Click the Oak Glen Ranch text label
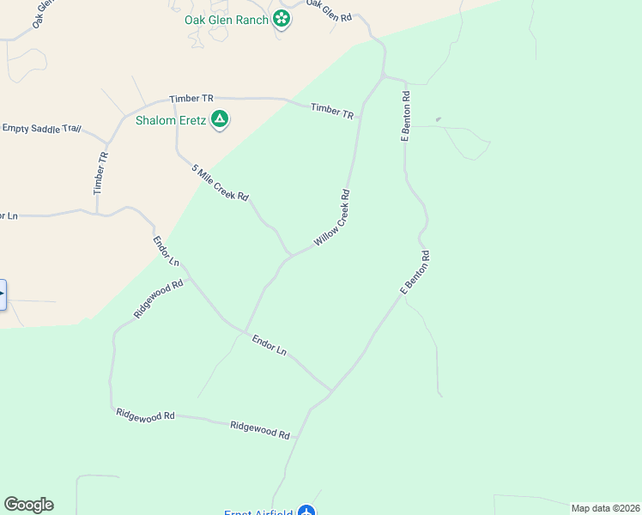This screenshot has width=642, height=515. click(x=227, y=20)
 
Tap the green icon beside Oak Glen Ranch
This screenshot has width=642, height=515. click(x=282, y=19)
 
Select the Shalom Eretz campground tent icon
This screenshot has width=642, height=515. click(x=220, y=120)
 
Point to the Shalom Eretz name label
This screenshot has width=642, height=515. click(x=170, y=120)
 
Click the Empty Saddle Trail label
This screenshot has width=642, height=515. click(x=41, y=129)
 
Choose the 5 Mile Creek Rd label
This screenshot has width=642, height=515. click(x=221, y=184)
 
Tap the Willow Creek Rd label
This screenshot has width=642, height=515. click(x=332, y=219)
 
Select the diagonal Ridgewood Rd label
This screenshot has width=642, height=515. click(x=159, y=300)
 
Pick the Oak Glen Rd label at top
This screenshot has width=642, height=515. click(x=330, y=11)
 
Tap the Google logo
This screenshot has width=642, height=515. click(x=28, y=505)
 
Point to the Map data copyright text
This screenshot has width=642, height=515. click(x=605, y=508)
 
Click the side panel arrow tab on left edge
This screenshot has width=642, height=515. click(x=3, y=294)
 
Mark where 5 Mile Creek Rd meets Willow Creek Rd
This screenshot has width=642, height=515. click(x=292, y=255)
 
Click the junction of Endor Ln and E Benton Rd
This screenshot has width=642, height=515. click(x=331, y=391)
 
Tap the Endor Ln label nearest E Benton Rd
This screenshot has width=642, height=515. click(x=269, y=345)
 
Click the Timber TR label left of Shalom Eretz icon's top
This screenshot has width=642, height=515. click(x=191, y=100)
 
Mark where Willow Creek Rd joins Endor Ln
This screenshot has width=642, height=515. click(x=245, y=331)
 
